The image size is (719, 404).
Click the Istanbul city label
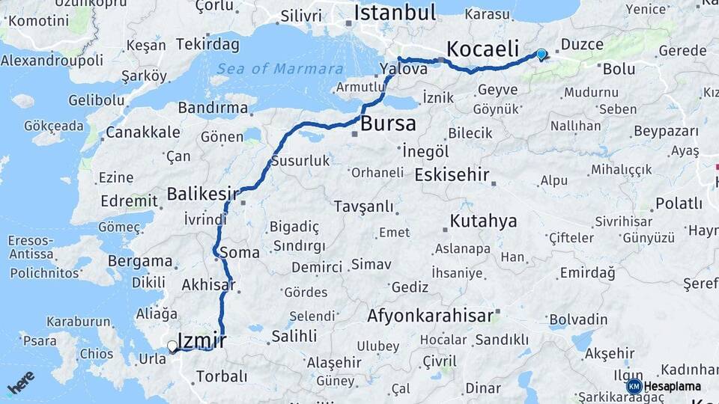(x=395, y=13)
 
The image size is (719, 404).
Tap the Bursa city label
(x=388, y=123)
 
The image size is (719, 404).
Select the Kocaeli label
(x=482, y=49)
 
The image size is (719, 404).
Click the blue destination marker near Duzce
(x=541, y=54)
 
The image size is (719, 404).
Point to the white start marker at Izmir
(x=172, y=346)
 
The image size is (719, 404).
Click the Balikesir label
(x=202, y=194)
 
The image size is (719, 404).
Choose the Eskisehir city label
(x=452, y=175)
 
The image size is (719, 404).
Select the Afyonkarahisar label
(x=431, y=316)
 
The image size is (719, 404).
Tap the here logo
(x=21, y=382)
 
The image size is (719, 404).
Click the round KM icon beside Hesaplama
(x=634, y=386)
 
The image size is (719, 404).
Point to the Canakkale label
(x=142, y=132)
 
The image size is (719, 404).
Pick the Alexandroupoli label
(x=52, y=60)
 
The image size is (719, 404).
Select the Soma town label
(x=240, y=252)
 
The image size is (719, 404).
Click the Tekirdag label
(x=204, y=44)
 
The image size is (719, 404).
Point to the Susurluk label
(x=300, y=161)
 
